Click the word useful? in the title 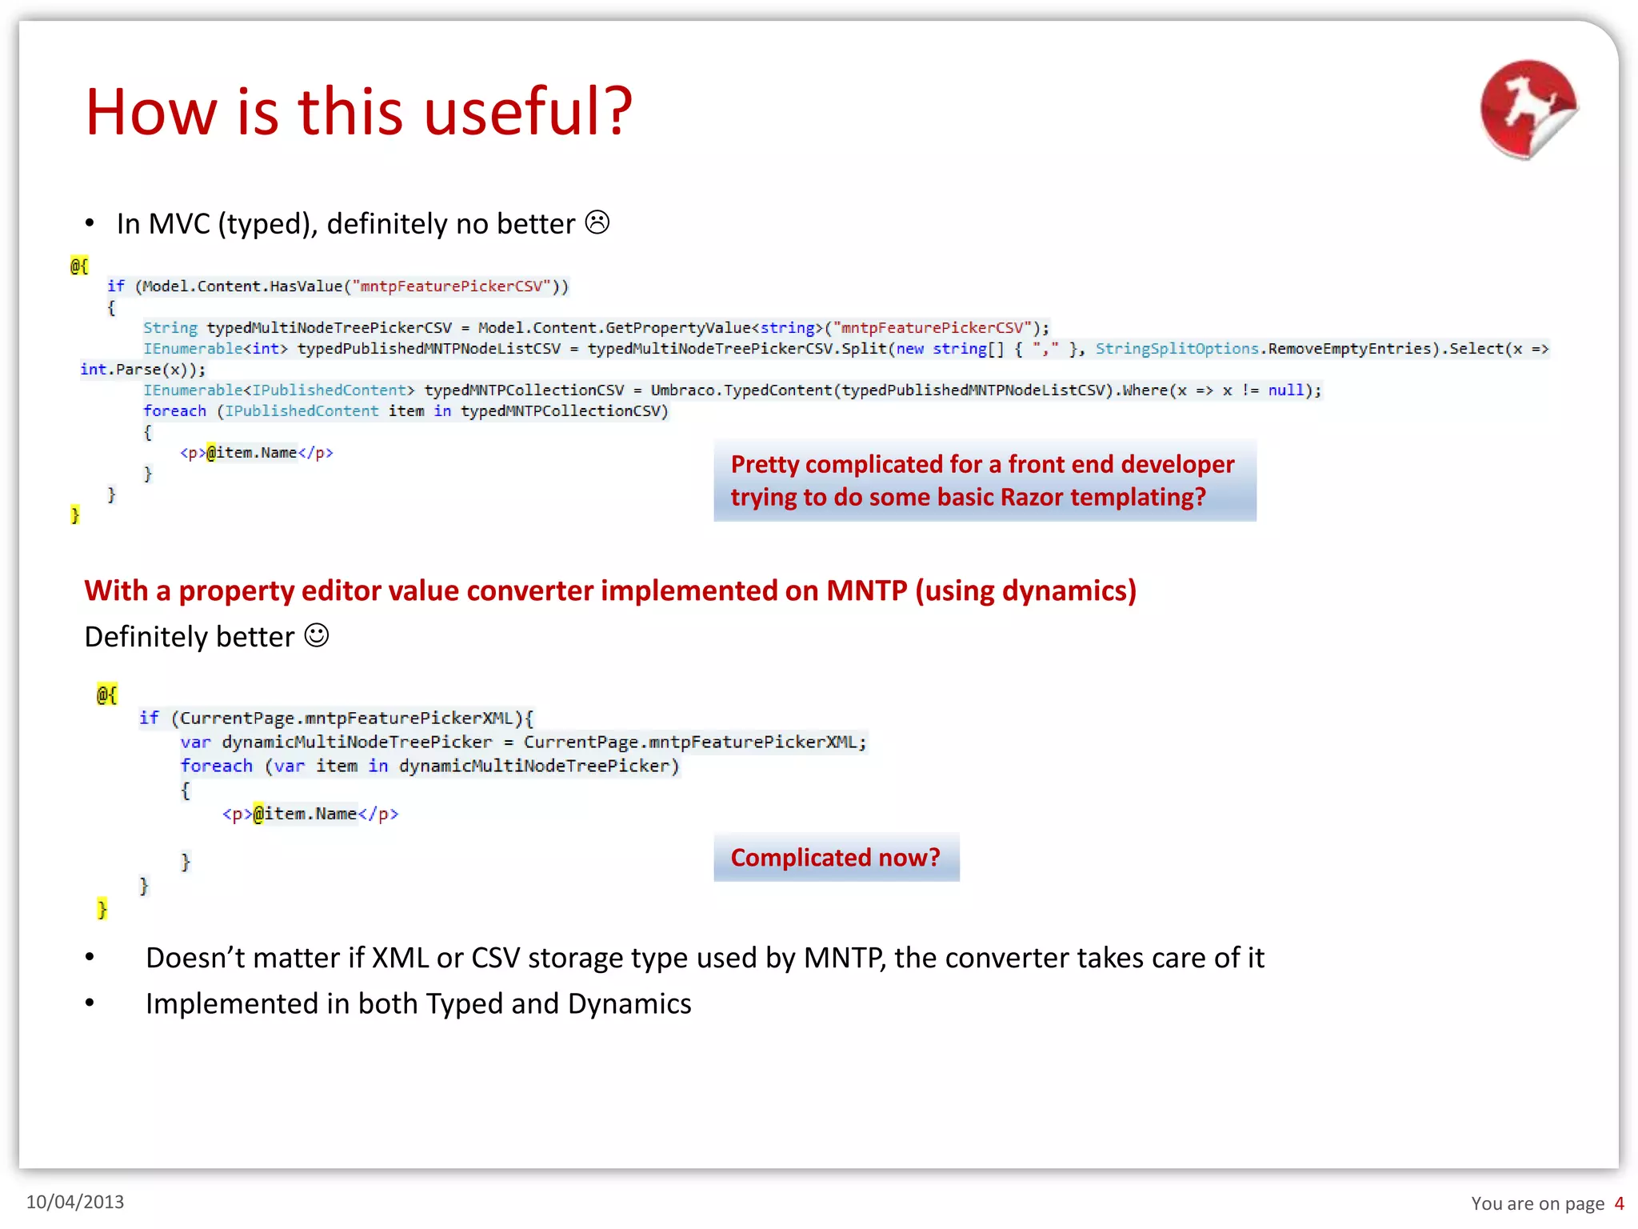point(528,112)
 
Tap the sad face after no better point(597,222)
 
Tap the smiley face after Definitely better point(317,636)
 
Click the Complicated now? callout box point(836,857)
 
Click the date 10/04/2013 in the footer point(75,1202)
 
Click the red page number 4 point(1619,1203)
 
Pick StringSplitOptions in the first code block point(1177,349)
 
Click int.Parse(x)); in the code point(142,370)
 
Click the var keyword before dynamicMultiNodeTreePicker point(195,743)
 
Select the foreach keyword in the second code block point(216,766)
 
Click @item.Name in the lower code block point(305,814)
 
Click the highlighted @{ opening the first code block point(78,266)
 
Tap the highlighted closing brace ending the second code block point(102,908)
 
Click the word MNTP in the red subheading point(866,590)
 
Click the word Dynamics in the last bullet point(629,1003)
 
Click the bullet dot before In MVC point(90,224)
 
